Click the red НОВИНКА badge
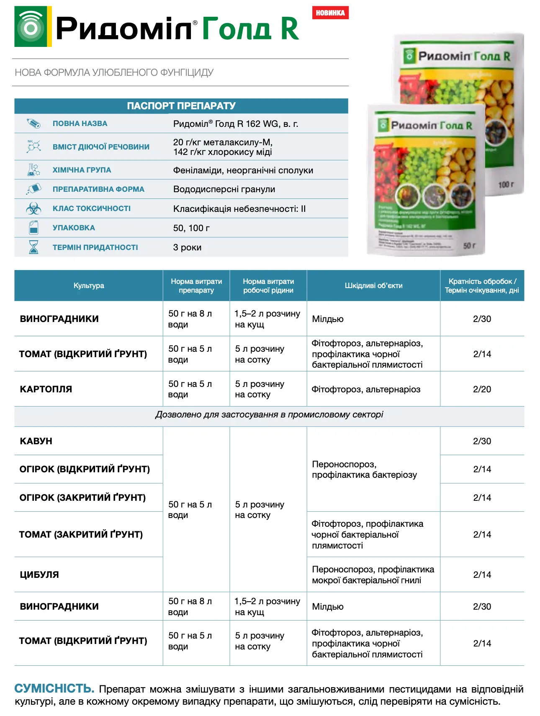pos(330,13)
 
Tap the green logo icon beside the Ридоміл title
pos(31,26)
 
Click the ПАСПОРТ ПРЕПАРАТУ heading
pos(181,106)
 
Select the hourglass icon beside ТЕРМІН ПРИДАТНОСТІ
pos(33,247)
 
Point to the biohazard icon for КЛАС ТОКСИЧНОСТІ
pos(33,209)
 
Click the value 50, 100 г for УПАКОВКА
pos(191,228)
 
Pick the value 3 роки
pos(187,247)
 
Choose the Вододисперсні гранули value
pos(224,189)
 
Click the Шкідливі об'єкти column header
pos(373,286)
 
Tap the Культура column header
pos(89,286)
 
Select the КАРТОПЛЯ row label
pos(46,389)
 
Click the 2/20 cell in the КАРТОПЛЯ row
pos(482,389)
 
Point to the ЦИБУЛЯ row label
pos(39,574)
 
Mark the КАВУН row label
pos(36,441)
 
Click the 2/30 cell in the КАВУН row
pos(482,441)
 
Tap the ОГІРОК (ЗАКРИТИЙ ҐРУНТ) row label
pos(82,497)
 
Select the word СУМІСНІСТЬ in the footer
pos(54,688)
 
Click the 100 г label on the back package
pos(506,185)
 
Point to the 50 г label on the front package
pos(469,245)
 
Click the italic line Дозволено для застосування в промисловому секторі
pos(269,415)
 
